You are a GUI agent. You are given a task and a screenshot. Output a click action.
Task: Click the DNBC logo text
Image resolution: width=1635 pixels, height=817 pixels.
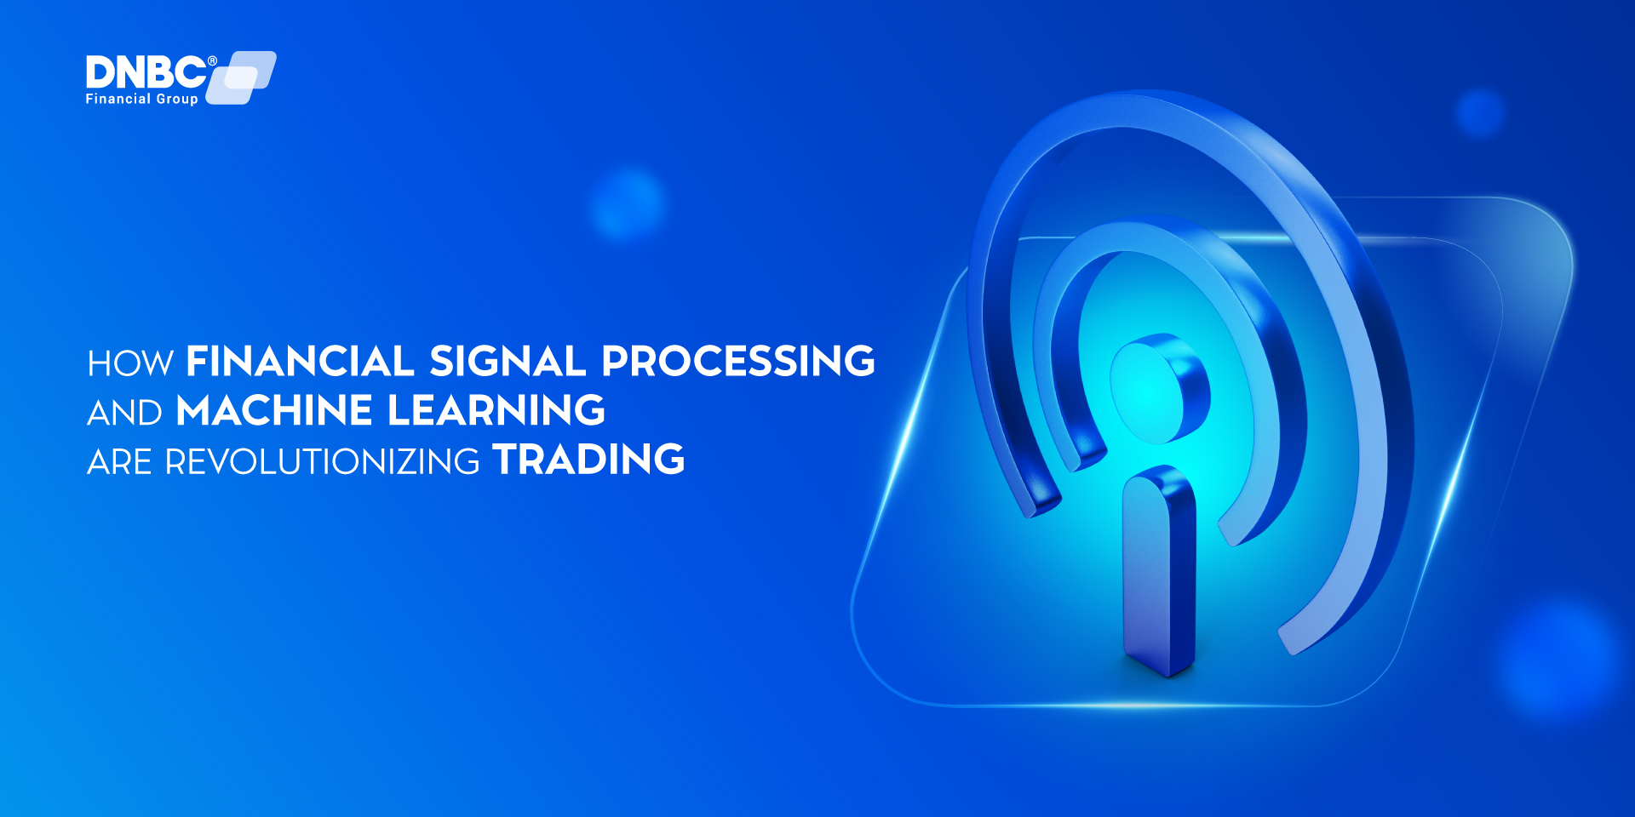(x=146, y=73)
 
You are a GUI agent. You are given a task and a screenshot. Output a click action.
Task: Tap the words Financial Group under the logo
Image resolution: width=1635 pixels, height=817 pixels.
(x=141, y=100)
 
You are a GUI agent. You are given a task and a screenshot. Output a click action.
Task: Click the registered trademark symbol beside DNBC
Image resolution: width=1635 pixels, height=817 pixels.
(x=212, y=60)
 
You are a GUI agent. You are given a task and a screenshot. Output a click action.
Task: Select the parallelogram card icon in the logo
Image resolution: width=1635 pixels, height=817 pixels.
(x=244, y=77)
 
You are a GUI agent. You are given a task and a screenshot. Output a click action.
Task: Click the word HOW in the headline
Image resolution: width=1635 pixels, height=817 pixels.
(x=130, y=364)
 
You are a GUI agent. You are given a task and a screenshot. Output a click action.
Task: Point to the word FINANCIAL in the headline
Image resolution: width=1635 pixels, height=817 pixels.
(x=300, y=362)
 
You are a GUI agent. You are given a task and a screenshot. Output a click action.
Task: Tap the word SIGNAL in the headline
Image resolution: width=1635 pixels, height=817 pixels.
(x=508, y=362)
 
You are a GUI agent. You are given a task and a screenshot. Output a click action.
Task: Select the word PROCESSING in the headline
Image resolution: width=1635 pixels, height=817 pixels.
(x=737, y=362)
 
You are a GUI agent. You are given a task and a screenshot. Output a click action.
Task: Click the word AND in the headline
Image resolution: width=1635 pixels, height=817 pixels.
(x=124, y=414)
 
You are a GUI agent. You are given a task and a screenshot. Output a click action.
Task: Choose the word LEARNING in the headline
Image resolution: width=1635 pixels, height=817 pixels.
(x=496, y=411)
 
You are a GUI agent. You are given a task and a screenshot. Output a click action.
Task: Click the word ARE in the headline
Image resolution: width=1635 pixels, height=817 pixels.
(x=119, y=462)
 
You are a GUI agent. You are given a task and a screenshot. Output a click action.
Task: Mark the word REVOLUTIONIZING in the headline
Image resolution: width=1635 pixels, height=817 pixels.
(x=322, y=462)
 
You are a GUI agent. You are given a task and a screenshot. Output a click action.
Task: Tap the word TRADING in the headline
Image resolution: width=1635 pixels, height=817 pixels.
(x=588, y=460)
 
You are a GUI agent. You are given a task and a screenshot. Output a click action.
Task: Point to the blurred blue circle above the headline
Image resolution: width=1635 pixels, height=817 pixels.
(x=628, y=205)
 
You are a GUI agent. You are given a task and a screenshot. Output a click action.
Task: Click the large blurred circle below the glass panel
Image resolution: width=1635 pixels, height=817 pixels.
(x=1558, y=660)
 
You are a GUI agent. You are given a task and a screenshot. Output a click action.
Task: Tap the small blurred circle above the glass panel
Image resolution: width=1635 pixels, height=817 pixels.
(x=1481, y=112)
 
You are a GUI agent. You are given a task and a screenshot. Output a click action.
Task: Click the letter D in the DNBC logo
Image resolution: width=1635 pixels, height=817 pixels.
(x=100, y=73)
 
